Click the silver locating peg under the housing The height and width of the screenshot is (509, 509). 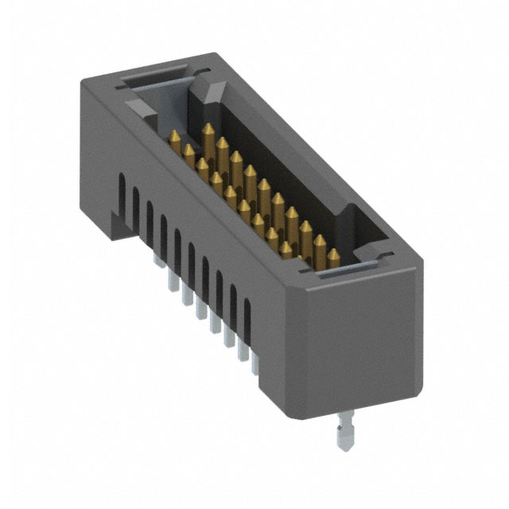click(x=344, y=429)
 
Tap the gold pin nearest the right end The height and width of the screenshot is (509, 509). click(x=333, y=258)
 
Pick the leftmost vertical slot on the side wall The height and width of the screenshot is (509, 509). click(x=122, y=194)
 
